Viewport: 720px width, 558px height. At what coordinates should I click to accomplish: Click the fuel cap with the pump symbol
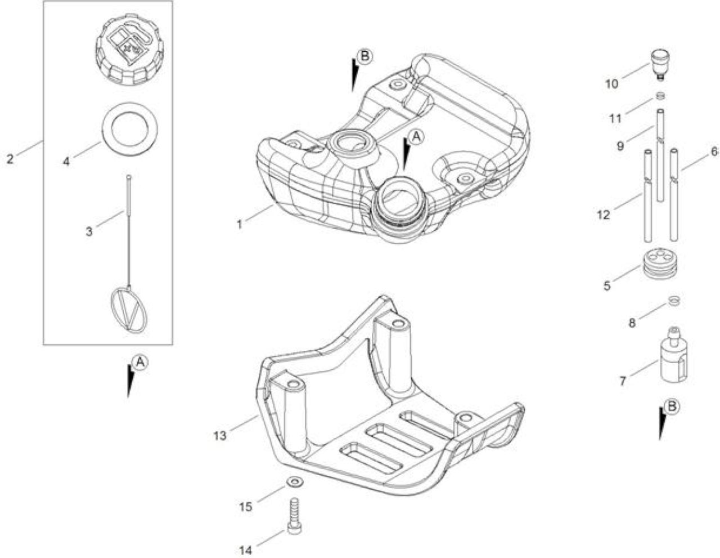(129, 49)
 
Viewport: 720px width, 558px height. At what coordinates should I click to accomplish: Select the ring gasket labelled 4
(129, 128)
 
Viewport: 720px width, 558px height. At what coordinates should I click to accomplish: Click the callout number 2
(10, 159)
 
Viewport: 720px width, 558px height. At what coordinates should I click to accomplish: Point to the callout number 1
(239, 225)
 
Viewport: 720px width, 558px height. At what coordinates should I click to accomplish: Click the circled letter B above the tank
(364, 56)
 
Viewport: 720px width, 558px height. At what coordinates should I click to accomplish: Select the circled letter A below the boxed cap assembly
(141, 363)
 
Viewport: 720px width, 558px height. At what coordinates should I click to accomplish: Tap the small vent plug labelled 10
(660, 65)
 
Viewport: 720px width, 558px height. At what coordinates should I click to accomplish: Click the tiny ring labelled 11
(660, 96)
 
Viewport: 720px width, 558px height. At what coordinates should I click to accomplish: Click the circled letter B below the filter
(672, 407)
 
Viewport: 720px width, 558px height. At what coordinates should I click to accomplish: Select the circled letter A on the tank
(416, 137)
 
